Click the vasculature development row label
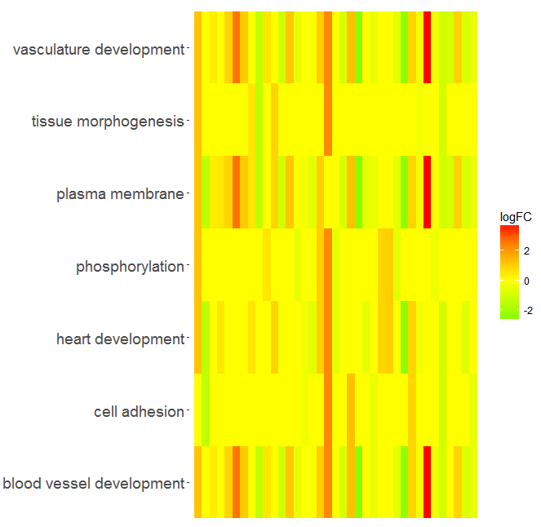pos(99,49)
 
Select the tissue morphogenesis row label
pos(108,122)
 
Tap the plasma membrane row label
pos(121,194)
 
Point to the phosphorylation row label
pos(130,267)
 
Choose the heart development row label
pos(121,339)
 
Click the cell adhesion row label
pos(139,411)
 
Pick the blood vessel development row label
pos(94,484)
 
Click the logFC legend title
pos(516,217)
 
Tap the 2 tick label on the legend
pos(526,251)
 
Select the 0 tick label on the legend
pos(526,281)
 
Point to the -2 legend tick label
pos(528,311)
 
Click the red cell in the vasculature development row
pos(427,47)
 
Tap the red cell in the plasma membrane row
pos(427,192)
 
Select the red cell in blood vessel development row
pos(427,482)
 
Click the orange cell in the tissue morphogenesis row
pos(328,120)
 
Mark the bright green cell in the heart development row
pos(405,337)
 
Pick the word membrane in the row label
pos(148,194)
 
